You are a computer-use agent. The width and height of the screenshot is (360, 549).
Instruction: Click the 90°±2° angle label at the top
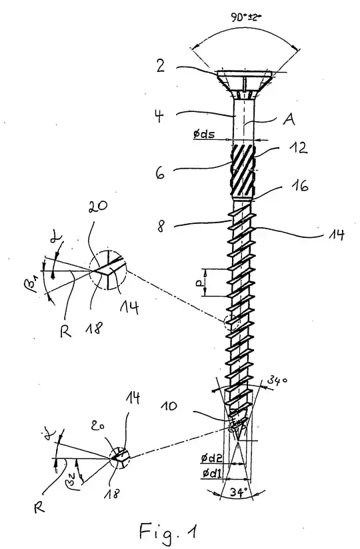[x=246, y=17]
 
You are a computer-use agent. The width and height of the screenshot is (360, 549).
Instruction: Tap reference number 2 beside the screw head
[x=161, y=65]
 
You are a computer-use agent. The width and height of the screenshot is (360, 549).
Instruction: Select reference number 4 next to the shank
[x=160, y=116]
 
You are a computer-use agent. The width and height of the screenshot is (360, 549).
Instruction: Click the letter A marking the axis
[x=289, y=119]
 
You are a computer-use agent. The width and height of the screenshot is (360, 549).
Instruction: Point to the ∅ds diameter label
[x=204, y=133]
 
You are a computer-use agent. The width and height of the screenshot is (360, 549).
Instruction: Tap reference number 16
[x=299, y=185]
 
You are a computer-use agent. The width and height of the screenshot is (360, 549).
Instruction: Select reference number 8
[x=161, y=226]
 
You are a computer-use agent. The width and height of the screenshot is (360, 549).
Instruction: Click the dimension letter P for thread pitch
[x=199, y=282]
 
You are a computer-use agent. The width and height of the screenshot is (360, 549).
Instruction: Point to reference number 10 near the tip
[x=169, y=406]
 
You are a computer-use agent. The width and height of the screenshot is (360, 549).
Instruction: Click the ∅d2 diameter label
[x=212, y=458]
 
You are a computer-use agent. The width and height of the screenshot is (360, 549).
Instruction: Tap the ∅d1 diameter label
[x=212, y=473]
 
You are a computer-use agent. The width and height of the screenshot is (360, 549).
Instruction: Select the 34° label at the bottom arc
[x=238, y=492]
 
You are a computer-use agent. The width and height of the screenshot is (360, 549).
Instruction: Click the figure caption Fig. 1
[x=168, y=531]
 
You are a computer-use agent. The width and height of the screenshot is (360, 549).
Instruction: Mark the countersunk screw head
[x=245, y=84]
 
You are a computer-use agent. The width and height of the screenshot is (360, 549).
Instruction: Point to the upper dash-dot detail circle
[x=107, y=270]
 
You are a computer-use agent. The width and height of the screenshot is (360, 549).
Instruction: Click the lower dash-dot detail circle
[x=119, y=457]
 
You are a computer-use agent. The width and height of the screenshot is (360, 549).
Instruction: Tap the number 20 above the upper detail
[x=98, y=207]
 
